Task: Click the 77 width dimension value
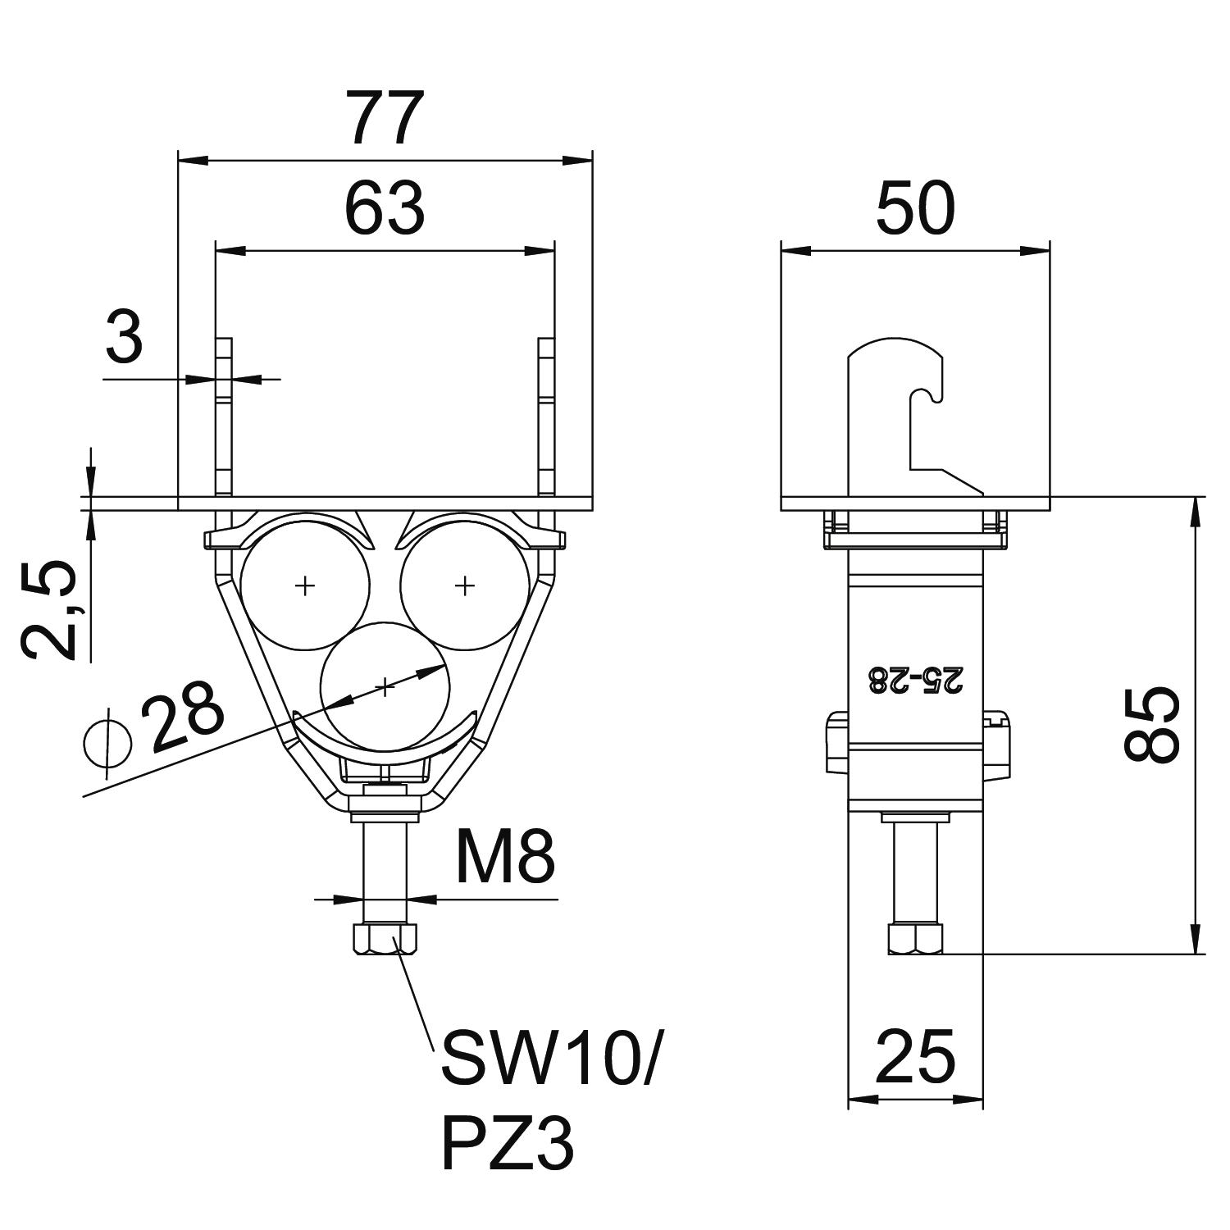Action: [385, 118]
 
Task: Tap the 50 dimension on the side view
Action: [915, 208]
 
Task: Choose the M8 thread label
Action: [505, 857]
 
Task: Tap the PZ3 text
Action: [508, 1145]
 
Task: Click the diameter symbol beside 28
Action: [108, 745]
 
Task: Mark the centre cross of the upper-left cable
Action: [305, 585]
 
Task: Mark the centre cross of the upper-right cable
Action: [465, 585]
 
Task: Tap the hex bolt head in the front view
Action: [385, 939]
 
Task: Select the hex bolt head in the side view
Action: [915, 939]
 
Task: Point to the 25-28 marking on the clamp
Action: [915, 680]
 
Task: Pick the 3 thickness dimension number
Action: [125, 339]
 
